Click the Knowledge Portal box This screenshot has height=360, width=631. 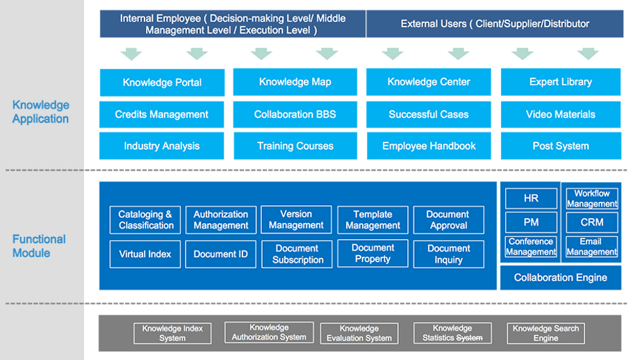coord(162,83)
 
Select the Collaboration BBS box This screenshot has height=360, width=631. coord(295,114)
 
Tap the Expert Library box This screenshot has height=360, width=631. coord(561,81)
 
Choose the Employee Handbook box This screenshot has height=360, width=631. coord(429,146)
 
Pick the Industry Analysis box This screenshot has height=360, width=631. coord(162,146)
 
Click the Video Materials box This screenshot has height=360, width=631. coord(561,114)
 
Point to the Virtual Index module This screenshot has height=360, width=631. coord(145,254)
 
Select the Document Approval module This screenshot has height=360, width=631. coord(448,220)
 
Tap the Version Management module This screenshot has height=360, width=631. coord(296,220)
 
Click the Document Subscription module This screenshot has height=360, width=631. coord(297,254)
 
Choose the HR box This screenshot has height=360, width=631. coord(531,198)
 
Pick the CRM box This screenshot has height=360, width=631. coord(591,222)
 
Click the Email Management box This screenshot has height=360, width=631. coord(591,247)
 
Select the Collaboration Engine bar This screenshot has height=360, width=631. coord(561,277)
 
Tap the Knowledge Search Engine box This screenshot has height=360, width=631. coord(546,333)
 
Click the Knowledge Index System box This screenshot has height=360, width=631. coord(172,333)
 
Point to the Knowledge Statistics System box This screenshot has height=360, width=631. coord(452,333)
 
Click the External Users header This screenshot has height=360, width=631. coord(495,24)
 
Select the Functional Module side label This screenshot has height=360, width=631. coord(39,246)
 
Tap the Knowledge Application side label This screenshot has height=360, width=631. coord(40,112)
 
